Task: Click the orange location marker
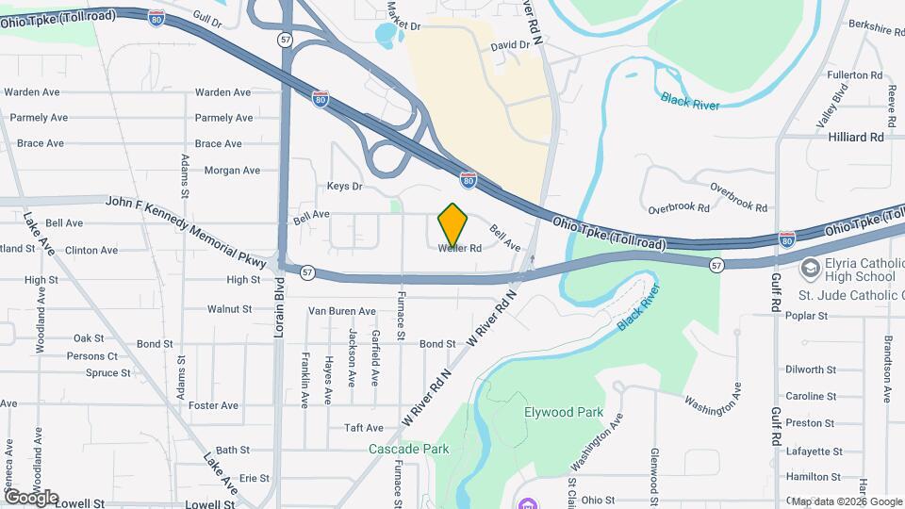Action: coord(453,223)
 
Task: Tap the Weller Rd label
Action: coord(460,249)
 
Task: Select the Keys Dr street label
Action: coord(344,187)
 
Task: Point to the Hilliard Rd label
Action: coord(856,137)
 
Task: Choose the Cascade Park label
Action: coord(408,450)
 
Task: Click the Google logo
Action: coord(31,497)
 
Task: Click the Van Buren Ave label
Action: coord(342,311)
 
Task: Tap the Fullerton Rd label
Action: coord(854,74)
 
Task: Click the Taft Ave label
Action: coord(364,427)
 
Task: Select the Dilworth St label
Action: coord(811,370)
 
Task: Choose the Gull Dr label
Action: coord(206,17)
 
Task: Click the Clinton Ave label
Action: coord(91,251)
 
